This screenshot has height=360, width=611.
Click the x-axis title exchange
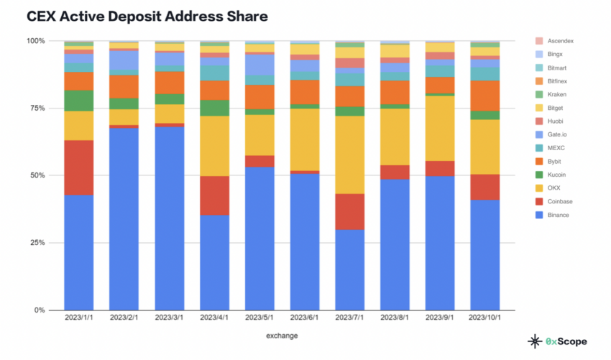click(282, 336)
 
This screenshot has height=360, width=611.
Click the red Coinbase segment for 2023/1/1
click(79, 167)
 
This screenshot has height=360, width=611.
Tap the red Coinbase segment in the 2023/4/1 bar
click(214, 195)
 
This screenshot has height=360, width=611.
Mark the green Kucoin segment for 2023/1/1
click(79, 101)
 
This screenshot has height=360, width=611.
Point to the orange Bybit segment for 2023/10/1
click(485, 96)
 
